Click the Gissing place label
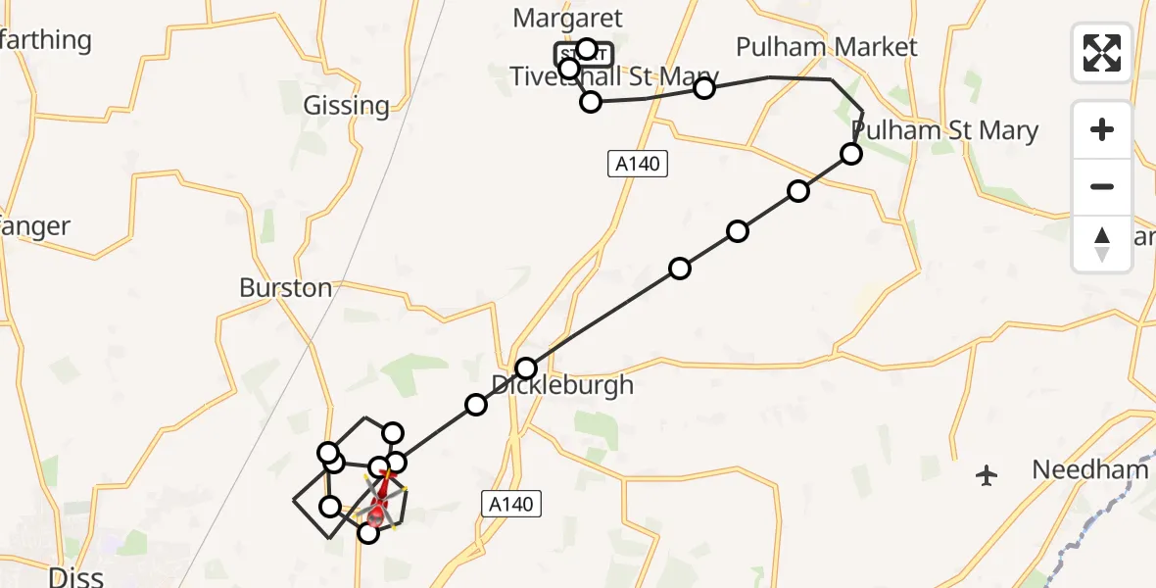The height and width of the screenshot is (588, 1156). tap(347, 106)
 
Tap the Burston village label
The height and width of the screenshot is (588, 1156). tap(286, 288)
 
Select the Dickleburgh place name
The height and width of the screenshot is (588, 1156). tap(563, 385)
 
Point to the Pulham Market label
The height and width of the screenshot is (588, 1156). tap(826, 47)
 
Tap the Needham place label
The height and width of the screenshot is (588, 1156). tap(1089, 470)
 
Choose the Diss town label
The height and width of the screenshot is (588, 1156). tap(76, 576)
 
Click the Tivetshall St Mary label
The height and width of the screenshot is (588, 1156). tap(614, 77)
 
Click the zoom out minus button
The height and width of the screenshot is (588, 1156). tap(1102, 186)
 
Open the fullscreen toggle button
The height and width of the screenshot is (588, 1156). tap(1102, 53)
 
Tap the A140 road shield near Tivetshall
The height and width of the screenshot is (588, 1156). tap(638, 164)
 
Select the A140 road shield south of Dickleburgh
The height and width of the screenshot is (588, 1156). tap(511, 505)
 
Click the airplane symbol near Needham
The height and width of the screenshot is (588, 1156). tap(987, 476)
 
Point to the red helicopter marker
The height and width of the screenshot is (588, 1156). tap(377, 510)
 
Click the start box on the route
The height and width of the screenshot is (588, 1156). tap(584, 55)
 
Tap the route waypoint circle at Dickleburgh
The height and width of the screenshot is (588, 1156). tap(527, 368)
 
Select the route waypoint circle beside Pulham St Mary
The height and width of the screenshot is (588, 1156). tap(851, 154)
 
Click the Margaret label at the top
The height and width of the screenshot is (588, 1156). tap(568, 19)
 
